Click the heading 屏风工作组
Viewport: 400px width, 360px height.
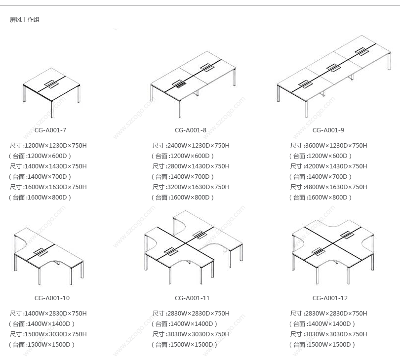(25, 20)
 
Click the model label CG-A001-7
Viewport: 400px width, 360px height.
(50, 130)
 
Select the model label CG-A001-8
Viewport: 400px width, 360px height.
(190, 130)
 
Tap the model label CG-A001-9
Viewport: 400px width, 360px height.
(328, 130)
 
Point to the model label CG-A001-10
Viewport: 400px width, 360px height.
(52, 298)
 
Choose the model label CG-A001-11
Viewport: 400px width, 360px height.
(192, 298)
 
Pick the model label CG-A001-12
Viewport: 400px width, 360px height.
(330, 298)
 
